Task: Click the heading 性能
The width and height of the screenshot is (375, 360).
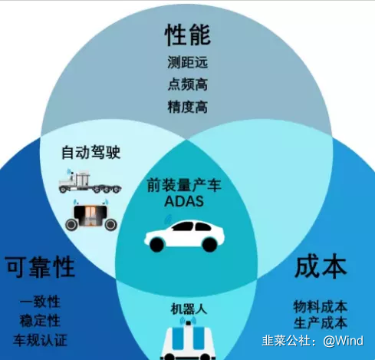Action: click(x=187, y=35)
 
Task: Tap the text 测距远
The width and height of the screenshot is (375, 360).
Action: click(x=188, y=62)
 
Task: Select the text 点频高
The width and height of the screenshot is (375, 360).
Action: click(x=188, y=84)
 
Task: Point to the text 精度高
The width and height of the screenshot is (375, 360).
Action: click(x=188, y=107)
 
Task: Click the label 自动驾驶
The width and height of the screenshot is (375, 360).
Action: click(x=91, y=153)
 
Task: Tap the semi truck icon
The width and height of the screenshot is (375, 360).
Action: click(x=90, y=181)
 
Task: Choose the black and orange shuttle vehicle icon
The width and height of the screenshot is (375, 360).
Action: click(x=91, y=215)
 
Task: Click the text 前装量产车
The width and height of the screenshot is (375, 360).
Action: click(x=184, y=185)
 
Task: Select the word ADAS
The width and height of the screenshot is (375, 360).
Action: click(x=184, y=201)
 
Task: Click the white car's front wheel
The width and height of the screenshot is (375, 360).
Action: click(x=156, y=245)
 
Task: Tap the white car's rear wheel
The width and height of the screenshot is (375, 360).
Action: click(x=209, y=244)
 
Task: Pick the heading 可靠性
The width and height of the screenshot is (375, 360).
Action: click(x=40, y=267)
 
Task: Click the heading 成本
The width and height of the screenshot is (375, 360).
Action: click(x=321, y=267)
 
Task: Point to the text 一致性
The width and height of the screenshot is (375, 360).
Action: click(x=40, y=302)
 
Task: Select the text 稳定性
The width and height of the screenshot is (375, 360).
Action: click(x=40, y=321)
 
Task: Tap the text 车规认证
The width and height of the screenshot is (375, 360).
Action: click(x=40, y=340)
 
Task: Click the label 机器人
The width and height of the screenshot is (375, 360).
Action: click(x=189, y=309)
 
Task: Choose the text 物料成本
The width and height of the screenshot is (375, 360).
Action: click(x=321, y=307)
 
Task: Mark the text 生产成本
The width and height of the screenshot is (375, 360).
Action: click(x=321, y=323)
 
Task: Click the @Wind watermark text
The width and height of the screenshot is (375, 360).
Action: click(x=343, y=341)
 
